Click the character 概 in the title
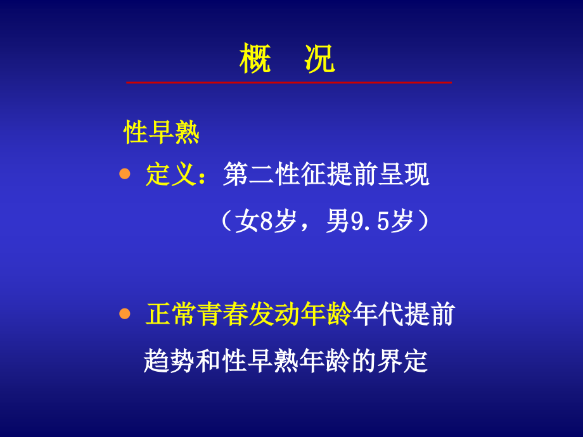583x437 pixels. click(x=256, y=61)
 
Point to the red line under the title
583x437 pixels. click(x=289, y=82)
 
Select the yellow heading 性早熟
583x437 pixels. click(x=162, y=134)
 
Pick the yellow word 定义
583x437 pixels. click(x=169, y=175)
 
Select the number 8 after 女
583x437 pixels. click(x=266, y=222)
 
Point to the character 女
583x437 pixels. click(x=247, y=222)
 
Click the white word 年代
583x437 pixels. click(x=377, y=315)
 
